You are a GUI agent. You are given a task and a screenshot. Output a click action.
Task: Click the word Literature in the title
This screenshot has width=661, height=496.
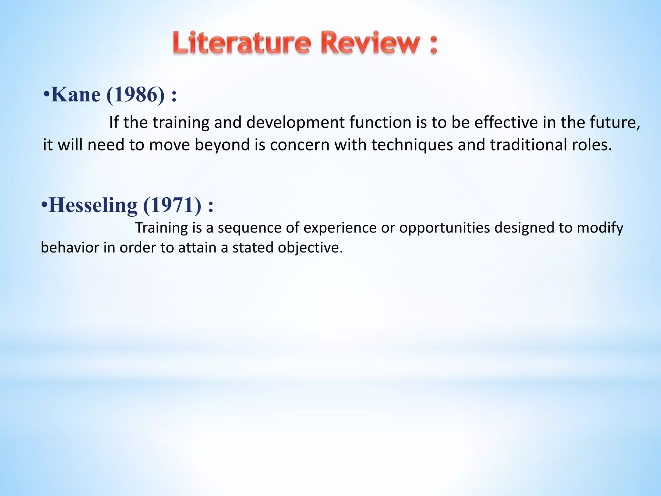click(x=242, y=43)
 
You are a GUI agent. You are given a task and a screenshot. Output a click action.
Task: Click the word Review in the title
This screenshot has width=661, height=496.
click(x=371, y=43)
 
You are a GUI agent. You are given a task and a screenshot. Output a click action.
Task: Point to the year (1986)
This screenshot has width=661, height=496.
click(x=135, y=95)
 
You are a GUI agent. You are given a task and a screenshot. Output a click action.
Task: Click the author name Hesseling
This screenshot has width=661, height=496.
click(x=93, y=205)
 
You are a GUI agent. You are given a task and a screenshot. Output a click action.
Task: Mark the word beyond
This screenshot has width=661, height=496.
click(x=222, y=145)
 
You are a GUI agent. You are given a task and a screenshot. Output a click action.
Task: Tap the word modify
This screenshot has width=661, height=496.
click(x=600, y=228)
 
